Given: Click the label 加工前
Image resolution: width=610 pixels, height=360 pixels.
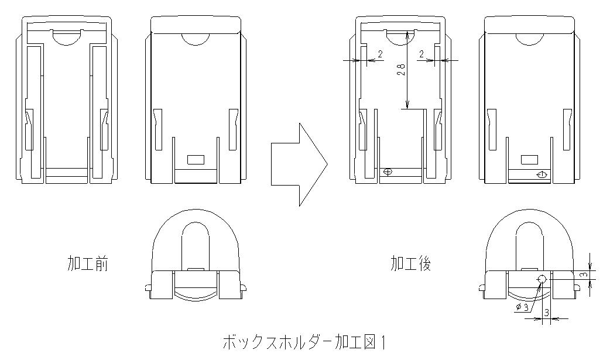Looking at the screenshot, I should coord(88,264).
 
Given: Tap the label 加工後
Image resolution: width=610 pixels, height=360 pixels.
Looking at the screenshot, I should coord(411,264).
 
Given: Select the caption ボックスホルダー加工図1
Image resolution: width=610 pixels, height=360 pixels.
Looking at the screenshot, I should coord(305,341).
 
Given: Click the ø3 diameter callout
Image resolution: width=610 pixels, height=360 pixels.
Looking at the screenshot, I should coord(523,307).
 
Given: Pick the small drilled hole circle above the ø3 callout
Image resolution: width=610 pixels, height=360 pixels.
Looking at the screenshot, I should coord(542,279).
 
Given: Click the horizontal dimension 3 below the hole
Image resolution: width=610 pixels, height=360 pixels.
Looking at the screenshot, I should coord(546,313).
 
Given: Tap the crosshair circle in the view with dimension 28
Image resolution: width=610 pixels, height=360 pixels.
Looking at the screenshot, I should coord(386,172).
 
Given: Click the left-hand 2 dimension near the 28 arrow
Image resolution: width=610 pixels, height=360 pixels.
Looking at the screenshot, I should coord(381,54).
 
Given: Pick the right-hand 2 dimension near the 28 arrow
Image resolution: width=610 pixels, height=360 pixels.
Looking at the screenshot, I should coord(421,54).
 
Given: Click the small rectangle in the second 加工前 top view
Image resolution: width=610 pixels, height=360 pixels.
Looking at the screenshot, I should coord(195,159).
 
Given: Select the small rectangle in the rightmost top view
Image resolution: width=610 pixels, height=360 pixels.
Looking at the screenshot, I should coord(530,159).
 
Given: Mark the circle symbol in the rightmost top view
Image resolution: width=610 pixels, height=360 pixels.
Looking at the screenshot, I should coord(542,175).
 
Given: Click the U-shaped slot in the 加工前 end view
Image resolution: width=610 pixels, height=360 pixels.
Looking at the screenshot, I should coord(196,243).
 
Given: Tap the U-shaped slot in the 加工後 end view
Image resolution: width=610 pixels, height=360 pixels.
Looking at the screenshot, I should coord(530,243).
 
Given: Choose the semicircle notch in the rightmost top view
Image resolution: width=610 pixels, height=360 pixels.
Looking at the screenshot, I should coord(530,39).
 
